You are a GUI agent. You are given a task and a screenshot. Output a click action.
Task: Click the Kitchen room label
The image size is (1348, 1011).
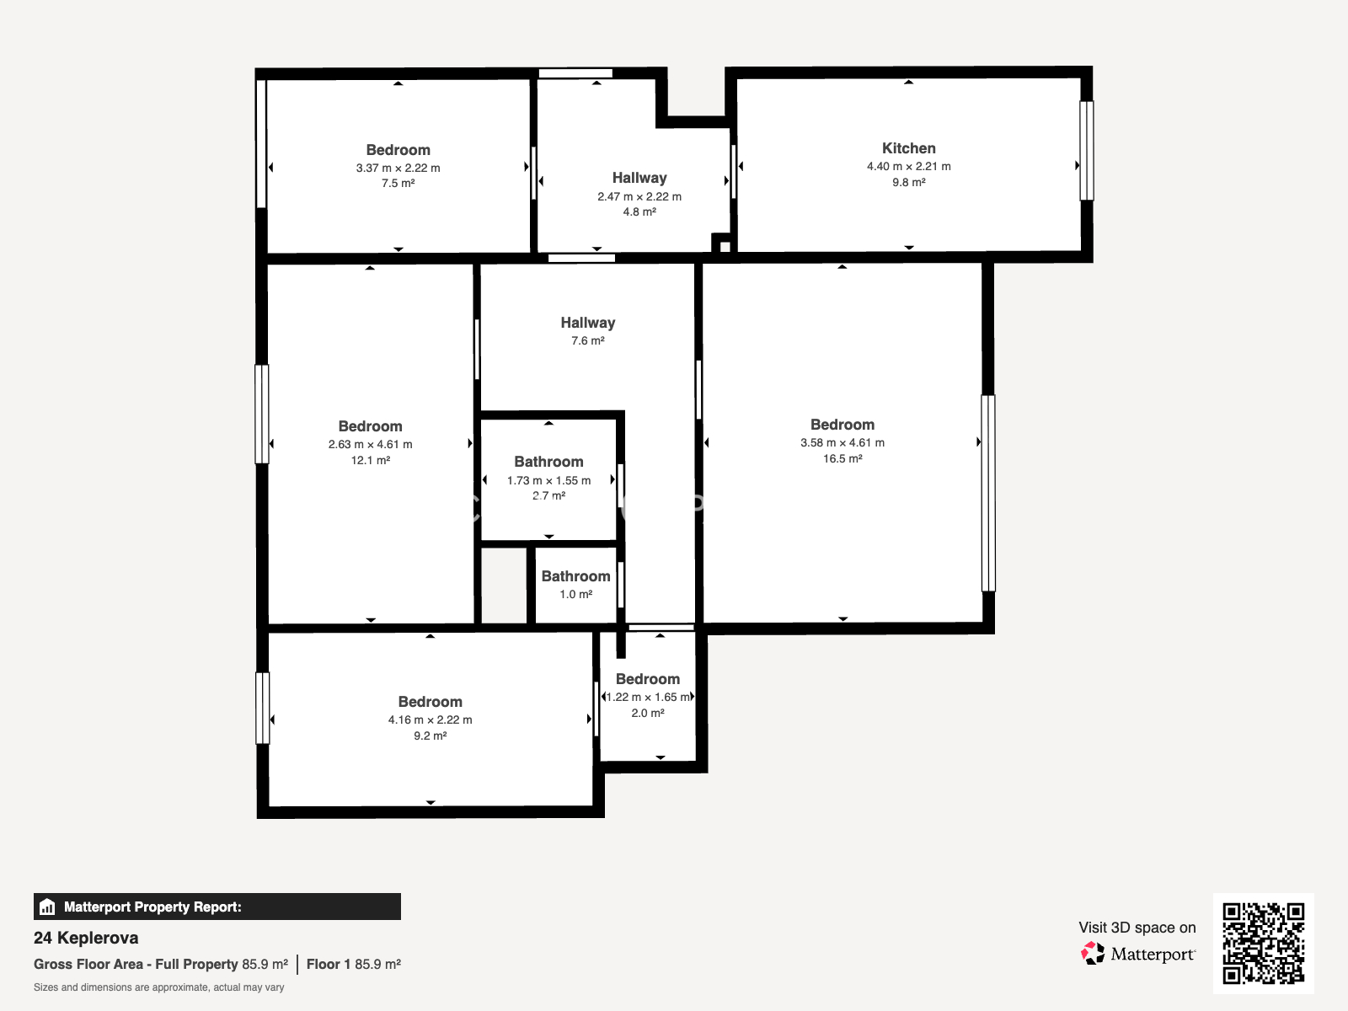tap(908, 148)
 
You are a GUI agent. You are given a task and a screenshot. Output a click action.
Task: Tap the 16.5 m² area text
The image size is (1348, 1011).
tap(842, 458)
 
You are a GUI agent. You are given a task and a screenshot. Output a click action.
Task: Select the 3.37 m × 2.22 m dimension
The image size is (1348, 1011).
tap(398, 168)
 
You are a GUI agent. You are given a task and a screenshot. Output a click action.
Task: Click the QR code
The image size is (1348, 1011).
tap(1263, 943)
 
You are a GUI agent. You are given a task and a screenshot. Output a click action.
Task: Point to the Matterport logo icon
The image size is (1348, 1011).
tap(1093, 954)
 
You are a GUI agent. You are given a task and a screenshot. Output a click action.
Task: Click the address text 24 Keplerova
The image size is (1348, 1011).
tap(86, 938)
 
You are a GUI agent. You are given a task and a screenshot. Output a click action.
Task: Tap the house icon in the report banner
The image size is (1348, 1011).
tap(47, 907)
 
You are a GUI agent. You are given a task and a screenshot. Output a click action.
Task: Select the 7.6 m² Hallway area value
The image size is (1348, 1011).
tap(588, 340)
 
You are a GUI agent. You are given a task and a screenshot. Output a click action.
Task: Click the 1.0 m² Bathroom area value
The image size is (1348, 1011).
tap(576, 594)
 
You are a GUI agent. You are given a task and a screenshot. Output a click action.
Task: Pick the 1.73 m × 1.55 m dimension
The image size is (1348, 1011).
tap(549, 480)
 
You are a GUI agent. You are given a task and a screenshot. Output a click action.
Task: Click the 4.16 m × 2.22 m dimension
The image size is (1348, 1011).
tap(430, 719)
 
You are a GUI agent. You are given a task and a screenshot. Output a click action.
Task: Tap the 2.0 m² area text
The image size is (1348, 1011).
tap(648, 713)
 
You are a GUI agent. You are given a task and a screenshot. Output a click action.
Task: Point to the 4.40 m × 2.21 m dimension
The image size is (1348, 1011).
tap(908, 166)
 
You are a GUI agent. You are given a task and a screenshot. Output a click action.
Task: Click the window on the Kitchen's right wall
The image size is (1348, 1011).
tap(1086, 151)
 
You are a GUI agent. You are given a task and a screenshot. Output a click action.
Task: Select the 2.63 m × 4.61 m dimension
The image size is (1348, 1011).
tap(371, 445)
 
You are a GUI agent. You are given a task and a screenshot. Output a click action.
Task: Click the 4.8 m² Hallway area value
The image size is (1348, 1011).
tap(639, 211)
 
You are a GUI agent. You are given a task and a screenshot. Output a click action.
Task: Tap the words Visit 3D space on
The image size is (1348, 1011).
tap(1137, 928)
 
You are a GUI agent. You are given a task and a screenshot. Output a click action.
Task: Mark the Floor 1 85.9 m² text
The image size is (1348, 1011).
tap(354, 964)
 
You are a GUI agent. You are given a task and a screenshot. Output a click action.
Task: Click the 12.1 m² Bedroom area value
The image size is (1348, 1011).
tap(371, 460)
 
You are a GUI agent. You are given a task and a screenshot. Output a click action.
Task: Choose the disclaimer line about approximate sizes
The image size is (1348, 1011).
tap(159, 987)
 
